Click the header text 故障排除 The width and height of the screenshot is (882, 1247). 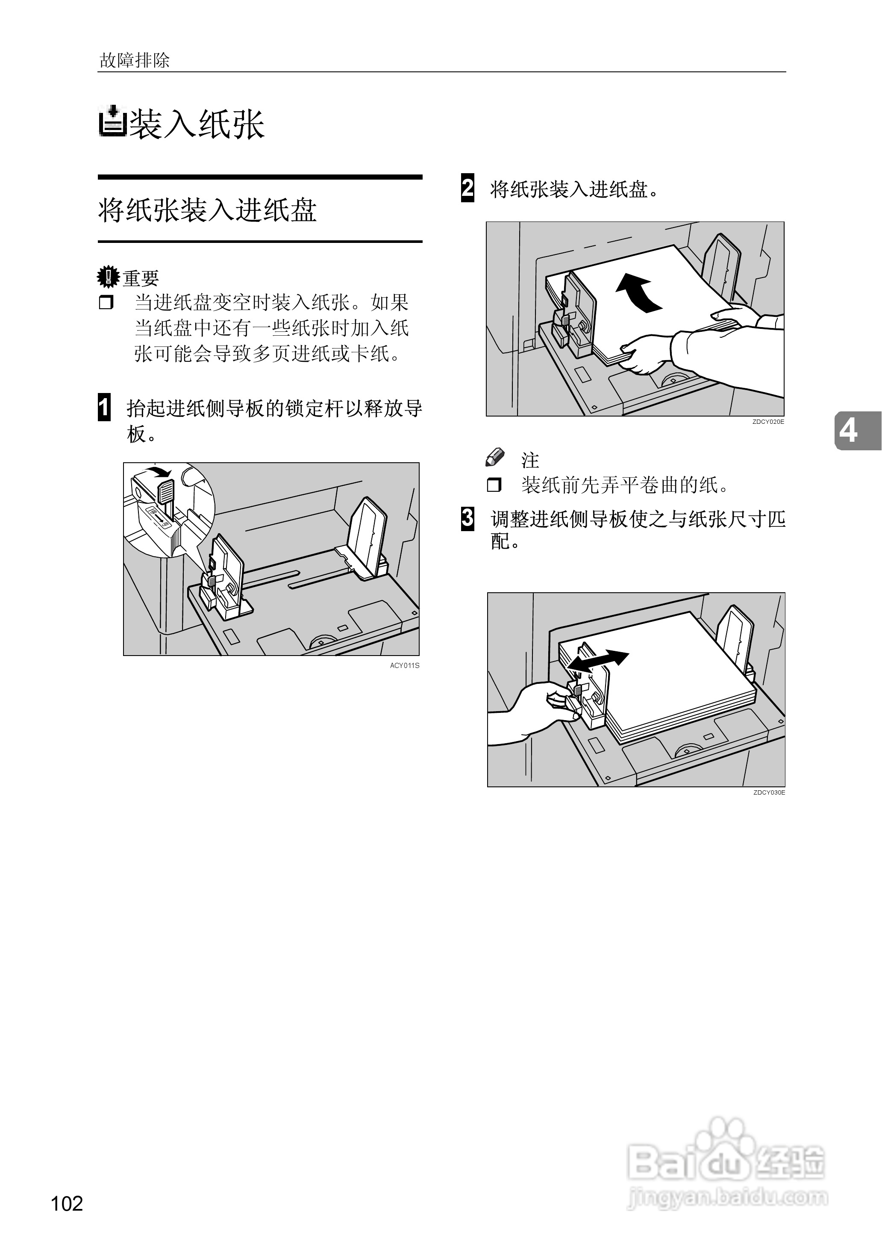pyautogui.click(x=134, y=60)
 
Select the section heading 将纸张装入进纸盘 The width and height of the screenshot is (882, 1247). pyautogui.click(x=207, y=210)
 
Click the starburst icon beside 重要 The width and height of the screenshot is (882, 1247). pyautogui.click(x=108, y=277)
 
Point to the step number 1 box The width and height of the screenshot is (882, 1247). pyautogui.click(x=104, y=408)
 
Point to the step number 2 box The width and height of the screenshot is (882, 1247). pyautogui.click(x=467, y=188)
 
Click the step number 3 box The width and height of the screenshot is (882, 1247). pyautogui.click(x=467, y=518)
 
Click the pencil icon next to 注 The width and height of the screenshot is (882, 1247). pyautogui.click(x=495, y=458)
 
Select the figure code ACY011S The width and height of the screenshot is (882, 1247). pyautogui.click(x=405, y=665)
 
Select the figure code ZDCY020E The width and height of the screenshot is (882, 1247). pyautogui.click(x=768, y=422)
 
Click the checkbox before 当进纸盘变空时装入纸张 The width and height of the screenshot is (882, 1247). pyautogui.click(x=106, y=302)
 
